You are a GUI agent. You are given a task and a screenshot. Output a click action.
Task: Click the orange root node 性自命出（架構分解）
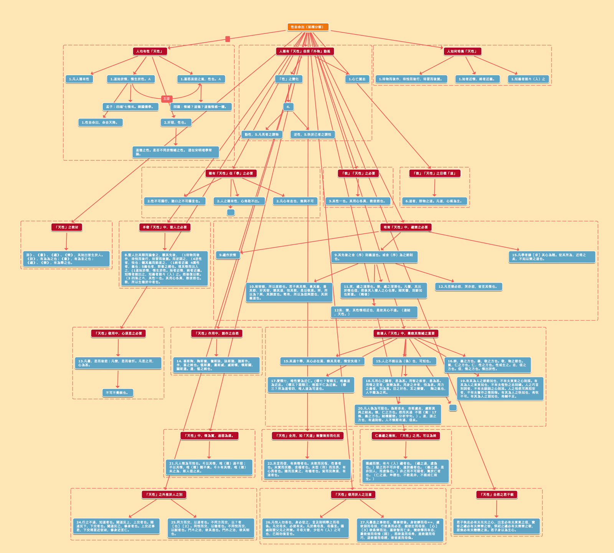[x=308, y=27]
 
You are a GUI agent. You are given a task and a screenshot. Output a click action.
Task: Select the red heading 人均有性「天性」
[x=150, y=51]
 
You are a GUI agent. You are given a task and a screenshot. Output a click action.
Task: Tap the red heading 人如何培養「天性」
[x=462, y=51]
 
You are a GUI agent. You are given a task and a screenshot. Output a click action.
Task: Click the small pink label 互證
[x=166, y=99]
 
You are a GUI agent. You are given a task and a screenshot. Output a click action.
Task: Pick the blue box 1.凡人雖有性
[x=79, y=79]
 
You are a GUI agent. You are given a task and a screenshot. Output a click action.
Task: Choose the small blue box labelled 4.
[x=288, y=107]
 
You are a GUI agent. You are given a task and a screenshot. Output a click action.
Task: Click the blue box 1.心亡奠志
[x=357, y=79]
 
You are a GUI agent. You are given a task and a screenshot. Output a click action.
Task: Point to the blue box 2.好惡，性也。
[x=175, y=122]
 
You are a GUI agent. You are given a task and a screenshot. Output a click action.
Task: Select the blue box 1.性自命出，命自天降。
[x=100, y=122]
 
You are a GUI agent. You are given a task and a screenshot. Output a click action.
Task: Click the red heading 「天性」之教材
[x=67, y=227]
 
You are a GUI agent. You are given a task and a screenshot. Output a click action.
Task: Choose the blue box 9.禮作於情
[x=228, y=255]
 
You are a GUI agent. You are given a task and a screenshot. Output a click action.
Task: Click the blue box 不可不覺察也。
[x=117, y=393]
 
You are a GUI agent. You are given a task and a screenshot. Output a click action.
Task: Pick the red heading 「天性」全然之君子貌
[x=497, y=495]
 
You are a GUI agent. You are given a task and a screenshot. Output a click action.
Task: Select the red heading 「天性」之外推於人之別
[x=164, y=495]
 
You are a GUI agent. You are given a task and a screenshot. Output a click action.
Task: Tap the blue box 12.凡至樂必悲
[x=469, y=287]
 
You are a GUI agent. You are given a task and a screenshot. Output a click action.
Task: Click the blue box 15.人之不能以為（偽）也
[x=404, y=361]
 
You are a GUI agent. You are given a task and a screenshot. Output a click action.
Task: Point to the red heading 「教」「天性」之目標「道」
[x=434, y=173]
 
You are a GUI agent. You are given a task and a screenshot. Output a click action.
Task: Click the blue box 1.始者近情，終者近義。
[x=477, y=79]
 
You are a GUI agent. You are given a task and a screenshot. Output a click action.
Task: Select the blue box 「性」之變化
[x=289, y=79]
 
